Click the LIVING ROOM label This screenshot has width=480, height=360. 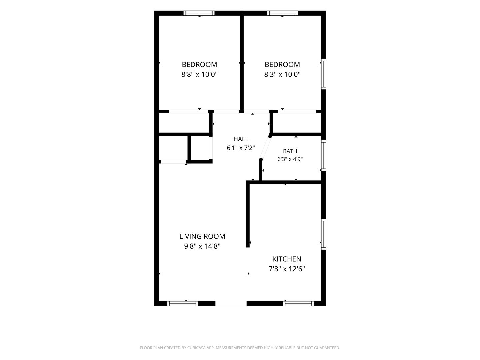(x=202, y=236)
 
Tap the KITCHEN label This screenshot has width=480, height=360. (x=287, y=259)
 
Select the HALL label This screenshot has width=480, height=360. (x=241, y=139)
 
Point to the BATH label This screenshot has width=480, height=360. (x=290, y=151)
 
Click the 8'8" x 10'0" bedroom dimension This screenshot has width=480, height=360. (x=199, y=75)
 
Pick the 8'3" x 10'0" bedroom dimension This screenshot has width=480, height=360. (x=282, y=75)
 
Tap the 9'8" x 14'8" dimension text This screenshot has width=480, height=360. (x=202, y=246)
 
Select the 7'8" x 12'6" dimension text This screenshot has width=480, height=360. (x=287, y=269)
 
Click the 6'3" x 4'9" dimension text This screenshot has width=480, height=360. (x=290, y=159)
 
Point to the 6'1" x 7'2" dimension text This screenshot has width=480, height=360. (x=241, y=148)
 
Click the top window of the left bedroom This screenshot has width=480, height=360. (x=199, y=13)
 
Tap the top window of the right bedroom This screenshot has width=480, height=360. (x=283, y=13)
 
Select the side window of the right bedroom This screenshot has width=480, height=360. (x=324, y=74)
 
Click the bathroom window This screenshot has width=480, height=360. (x=324, y=155)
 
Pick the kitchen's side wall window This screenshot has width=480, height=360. (x=324, y=234)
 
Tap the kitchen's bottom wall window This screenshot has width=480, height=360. (x=298, y=304)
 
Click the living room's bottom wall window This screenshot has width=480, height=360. (x=183, y=304)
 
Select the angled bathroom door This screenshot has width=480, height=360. (x=265, y=148)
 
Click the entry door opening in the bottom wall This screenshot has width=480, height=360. (x=231, y=304)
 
